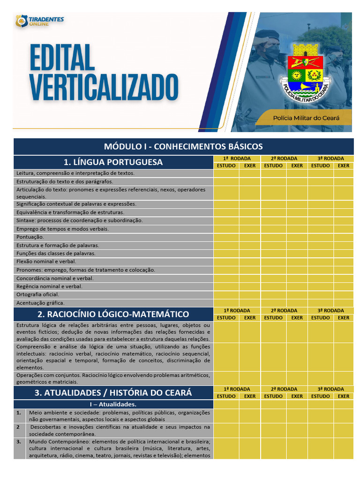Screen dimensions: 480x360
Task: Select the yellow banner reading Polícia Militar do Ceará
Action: point(306,118)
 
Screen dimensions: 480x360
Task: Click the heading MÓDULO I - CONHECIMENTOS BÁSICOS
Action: point(183,146)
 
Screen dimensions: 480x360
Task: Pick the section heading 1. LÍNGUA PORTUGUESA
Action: point(113,162)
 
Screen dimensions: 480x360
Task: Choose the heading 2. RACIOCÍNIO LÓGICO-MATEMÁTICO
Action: point(113,314)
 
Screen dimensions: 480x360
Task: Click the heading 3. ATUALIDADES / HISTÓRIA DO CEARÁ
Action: point(113,393)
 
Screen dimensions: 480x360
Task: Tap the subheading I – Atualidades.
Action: point(113,404)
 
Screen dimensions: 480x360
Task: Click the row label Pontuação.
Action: point(30,237)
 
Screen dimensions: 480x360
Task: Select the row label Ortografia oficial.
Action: point(37,294)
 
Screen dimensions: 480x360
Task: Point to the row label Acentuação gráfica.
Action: point(40,303)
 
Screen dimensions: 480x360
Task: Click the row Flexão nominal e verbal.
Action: point(46,262)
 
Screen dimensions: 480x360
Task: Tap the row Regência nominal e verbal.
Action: point(49,286)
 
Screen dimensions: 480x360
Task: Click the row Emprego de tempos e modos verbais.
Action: point(62,229)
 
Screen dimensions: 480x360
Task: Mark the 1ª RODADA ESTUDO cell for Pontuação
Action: point(226,237)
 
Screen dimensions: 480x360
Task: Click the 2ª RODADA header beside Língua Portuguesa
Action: point(284,158)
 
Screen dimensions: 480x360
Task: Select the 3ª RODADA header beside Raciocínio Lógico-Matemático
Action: point(331,310)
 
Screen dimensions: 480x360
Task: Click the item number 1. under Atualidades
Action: point(19,413)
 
